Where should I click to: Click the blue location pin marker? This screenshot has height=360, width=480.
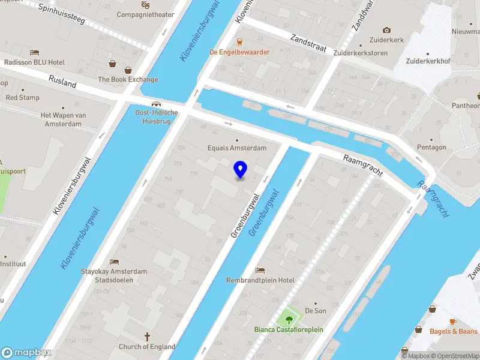pos(240,169)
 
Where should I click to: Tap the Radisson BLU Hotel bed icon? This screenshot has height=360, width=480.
pos(35,53)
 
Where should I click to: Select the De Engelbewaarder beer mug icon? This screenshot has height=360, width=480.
pos(239,42)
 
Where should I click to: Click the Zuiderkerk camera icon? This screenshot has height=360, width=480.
pos(386,30)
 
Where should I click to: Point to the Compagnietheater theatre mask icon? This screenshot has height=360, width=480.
pos(145,5)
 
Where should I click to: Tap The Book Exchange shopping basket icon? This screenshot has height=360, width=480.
pos(112,63)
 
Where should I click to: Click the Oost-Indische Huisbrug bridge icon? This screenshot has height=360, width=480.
pos(157,103)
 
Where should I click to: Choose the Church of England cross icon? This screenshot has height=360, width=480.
pos(147,337)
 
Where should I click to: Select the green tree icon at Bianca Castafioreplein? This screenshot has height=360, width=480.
pos(289,319)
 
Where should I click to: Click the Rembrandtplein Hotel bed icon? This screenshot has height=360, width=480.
pos(260,271)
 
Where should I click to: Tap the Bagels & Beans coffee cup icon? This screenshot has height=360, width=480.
pos(453,322)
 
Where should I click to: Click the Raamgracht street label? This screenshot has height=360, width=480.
pos(362,166)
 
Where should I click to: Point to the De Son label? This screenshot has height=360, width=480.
pos(316,310)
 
